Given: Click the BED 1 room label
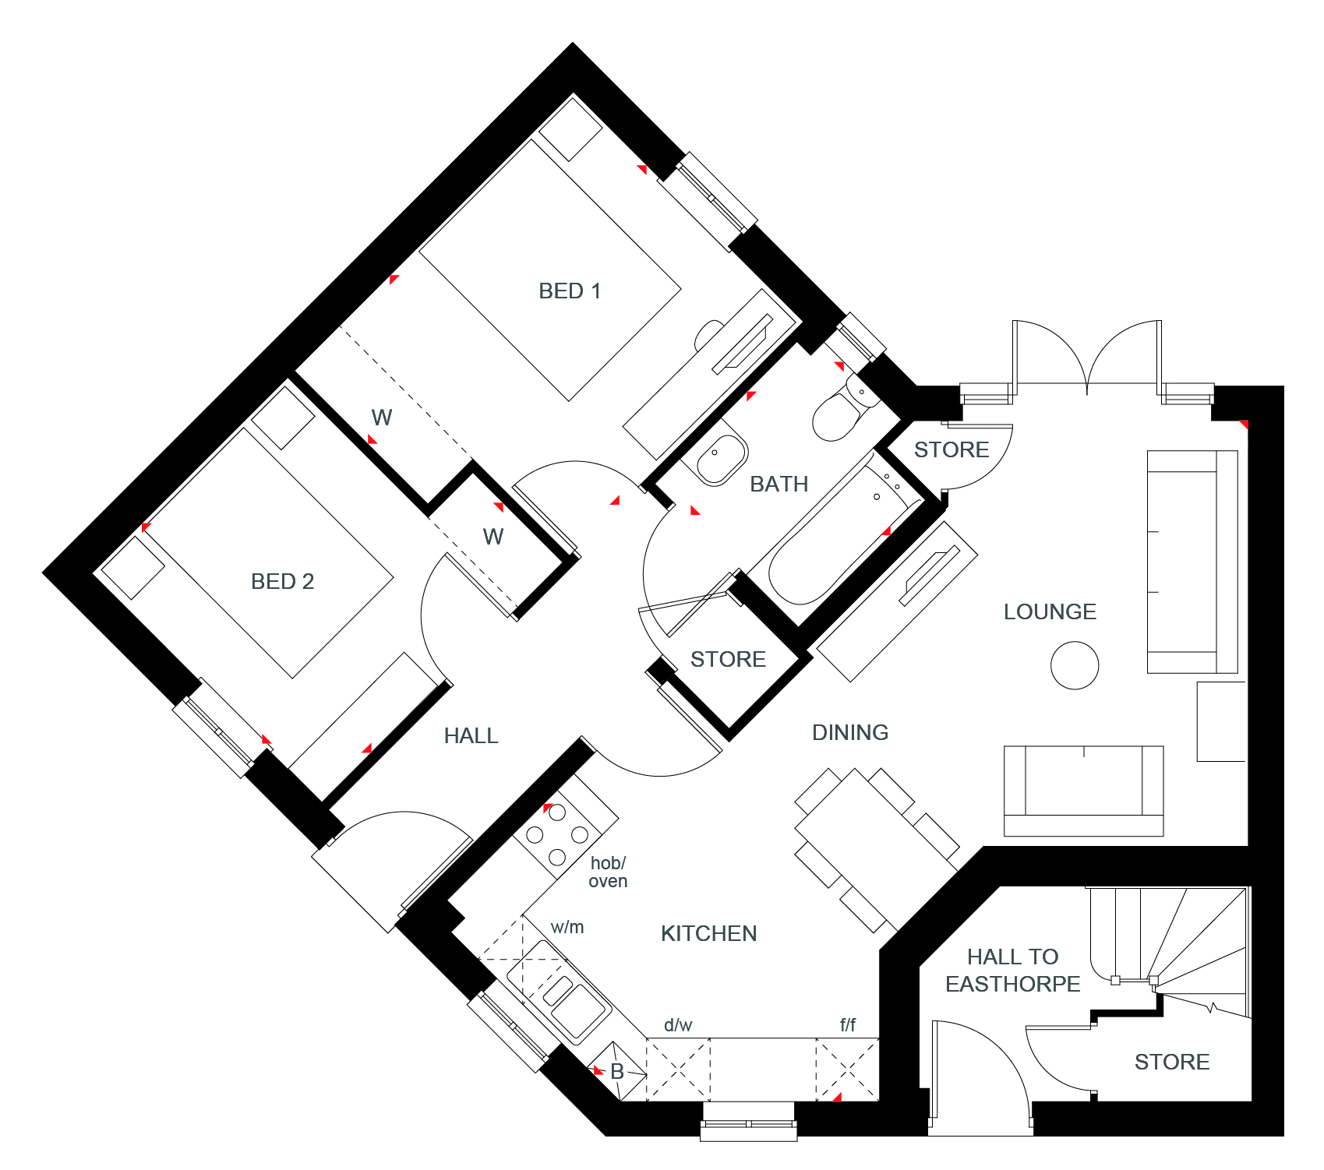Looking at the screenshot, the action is (570, 291).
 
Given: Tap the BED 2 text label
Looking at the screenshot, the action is (282, 582).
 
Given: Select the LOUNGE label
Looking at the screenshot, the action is (1050, 612).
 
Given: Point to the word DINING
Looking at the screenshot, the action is (850, 733).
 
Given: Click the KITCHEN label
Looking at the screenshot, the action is (708, 934).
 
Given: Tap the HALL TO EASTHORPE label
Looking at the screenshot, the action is (1012, 971).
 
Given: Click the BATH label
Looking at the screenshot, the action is (779, 485).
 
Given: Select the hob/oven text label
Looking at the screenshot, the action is (608, 872).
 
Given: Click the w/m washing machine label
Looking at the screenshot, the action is (567, 927).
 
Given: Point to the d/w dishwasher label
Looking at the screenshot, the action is (678, 1025).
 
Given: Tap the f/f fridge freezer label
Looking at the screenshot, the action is (847, 1025).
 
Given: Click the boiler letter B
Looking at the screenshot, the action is (617, 1072).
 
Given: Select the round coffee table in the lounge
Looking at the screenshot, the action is (1075, 665).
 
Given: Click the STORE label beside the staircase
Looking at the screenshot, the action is (1172, 1063).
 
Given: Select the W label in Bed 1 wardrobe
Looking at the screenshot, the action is (382, 418).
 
